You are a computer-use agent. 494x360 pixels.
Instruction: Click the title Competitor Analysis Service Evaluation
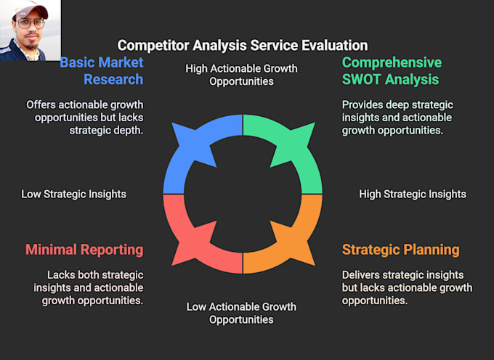[x=242, y=45]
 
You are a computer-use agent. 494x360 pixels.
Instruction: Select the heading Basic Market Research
[x=102, y=70]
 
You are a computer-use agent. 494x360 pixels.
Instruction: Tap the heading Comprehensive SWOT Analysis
[x=392, y=70]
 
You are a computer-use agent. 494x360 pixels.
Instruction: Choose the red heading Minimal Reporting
[x=84, y=250]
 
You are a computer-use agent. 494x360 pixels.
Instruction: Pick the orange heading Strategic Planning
[x=400, y=250]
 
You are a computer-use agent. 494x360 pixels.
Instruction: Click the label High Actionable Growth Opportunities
[x=241, y=75]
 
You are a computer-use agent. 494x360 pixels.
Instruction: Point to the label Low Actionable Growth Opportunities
[x=241, y=313]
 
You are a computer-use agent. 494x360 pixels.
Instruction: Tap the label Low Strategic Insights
[x=73, y=194]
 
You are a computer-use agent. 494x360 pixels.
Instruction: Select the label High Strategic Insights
[x=413, y=194]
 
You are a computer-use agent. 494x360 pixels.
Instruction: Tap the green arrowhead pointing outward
[x=299, y=138]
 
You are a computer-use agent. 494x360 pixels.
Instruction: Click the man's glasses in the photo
[x=30, y=23]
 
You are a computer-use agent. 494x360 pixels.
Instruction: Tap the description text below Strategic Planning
[x=407, y=287]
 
